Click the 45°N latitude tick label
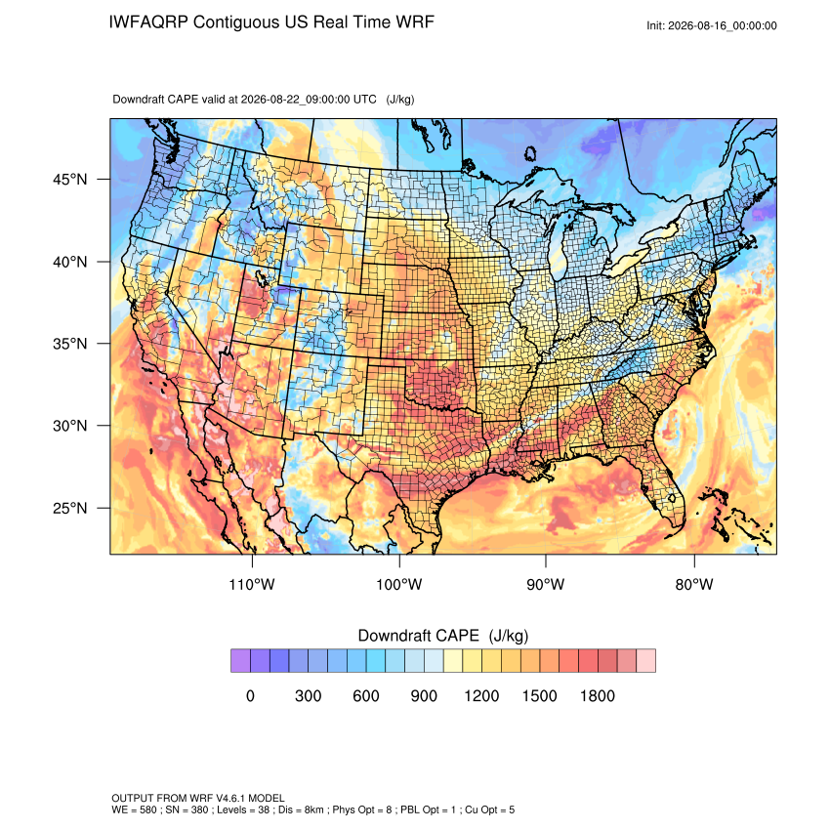pos(70,180)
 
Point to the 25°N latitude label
pos(70,508)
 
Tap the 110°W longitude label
pos(252,584)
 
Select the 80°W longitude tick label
pos(694,584)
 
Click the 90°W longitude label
pos(545,584)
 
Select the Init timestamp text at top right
pos(712,26)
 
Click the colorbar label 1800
pos(597,695)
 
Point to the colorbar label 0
pos(250,695)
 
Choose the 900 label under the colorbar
pos(424,695)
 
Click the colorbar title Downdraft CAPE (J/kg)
pos(443,636)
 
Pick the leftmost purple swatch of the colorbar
pos(240,661)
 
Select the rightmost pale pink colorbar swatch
pos(645,661)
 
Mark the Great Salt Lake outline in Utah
pos(261,277)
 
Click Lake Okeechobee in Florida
pos(672,498)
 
